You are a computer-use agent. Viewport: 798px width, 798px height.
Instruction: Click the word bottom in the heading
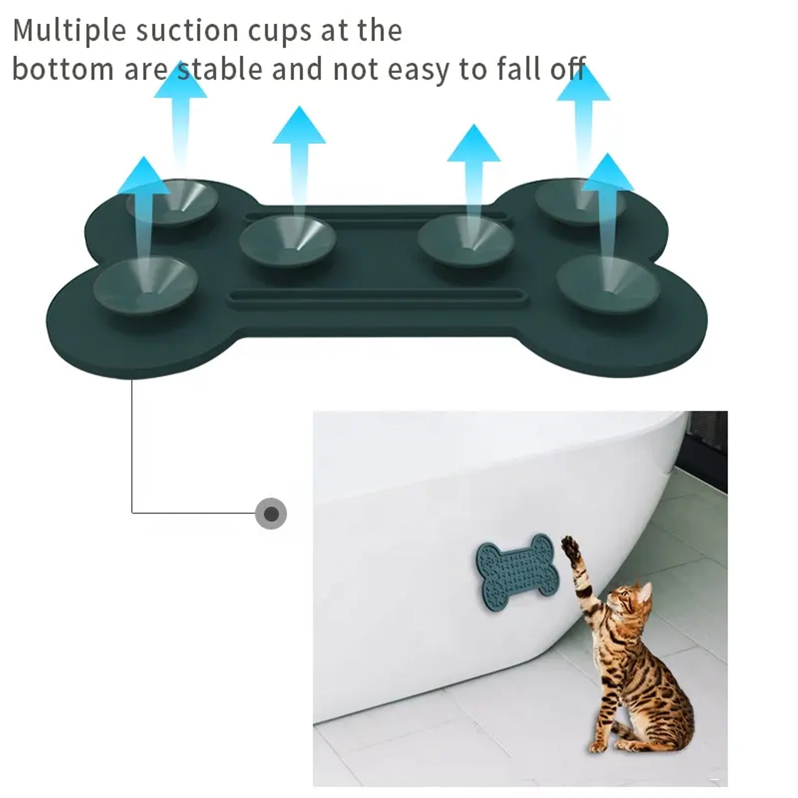coord(63,69)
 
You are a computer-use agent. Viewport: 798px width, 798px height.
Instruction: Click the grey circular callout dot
coord(271,514)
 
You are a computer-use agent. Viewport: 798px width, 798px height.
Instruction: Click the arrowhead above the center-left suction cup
coord(299,125)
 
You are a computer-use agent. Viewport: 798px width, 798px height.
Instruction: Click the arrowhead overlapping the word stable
coord(180,80)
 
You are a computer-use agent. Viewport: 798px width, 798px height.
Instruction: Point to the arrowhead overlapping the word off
coord(583,82)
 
